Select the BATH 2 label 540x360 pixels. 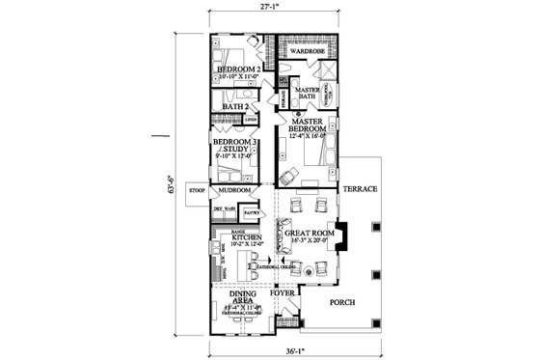[x=234, y=106]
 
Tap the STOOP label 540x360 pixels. [x=198, y=191]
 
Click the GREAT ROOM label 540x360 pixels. [x=304, y=233]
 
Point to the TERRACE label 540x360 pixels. [x=361, y=187]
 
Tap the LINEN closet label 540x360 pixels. [x=251, y=120]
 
